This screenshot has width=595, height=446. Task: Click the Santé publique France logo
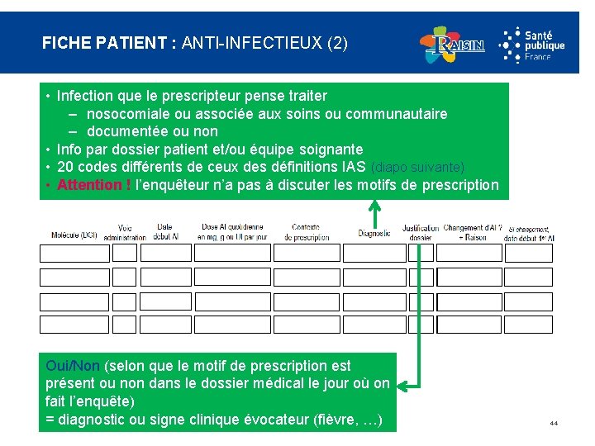(x=532, y=44)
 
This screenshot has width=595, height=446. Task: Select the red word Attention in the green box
(x=88, y=185)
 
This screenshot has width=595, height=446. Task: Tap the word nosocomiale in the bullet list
(x=130, y=113)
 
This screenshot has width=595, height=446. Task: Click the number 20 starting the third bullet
(x=66, y=167)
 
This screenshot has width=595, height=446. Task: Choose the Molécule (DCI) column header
(x=74, y=235)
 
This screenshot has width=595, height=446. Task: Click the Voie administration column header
(x=125, y=232)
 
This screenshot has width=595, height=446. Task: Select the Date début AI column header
(x=164, y=231)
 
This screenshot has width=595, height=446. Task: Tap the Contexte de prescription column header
(x=306, y=232)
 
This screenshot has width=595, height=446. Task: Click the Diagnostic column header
(x=374, y=234)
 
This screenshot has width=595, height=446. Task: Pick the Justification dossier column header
(x=421, y=232)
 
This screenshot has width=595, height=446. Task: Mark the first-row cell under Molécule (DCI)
(x=74, y=254)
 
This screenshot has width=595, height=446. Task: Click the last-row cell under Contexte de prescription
(x=306, y=325)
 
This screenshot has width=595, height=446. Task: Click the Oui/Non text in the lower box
(x=74, y=366)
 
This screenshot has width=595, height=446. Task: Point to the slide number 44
(x=554, y=424)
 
